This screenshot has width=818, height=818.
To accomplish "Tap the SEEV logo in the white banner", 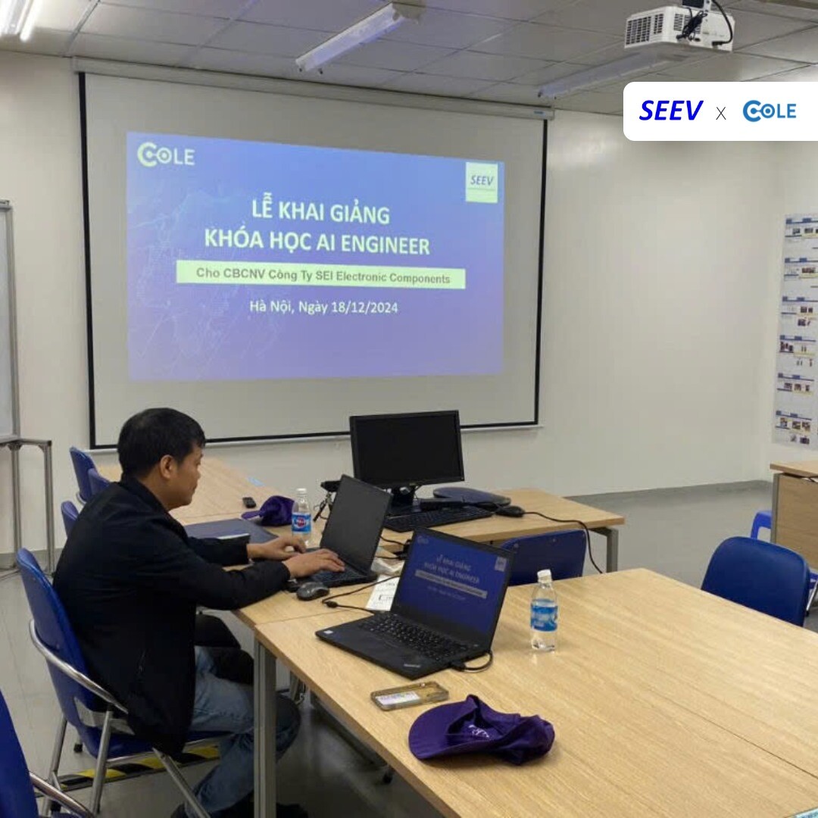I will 671,111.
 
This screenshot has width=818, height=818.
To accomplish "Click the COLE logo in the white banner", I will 769,111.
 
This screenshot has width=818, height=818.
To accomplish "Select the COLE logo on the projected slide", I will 166,155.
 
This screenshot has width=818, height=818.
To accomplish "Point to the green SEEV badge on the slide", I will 482,182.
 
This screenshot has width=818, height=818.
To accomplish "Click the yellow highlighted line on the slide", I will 321,275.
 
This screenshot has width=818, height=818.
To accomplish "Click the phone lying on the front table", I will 409,695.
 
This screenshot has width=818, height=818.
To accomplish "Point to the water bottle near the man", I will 301,516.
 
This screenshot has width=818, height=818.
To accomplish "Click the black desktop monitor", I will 407,450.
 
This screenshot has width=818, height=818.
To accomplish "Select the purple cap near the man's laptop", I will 271,510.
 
